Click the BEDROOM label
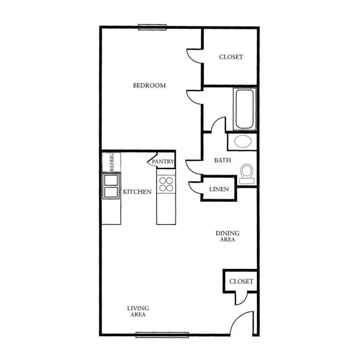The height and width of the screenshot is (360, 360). (149, 85)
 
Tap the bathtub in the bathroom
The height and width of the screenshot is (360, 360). (245, 109)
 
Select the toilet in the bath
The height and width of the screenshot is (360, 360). (247, 174)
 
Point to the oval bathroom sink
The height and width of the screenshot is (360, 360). (243, 141)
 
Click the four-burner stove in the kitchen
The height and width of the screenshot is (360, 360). (166, 184)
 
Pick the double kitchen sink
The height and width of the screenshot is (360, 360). (111, 186)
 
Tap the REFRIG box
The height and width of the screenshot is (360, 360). (112, 162)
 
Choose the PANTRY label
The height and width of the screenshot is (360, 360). (163, 161)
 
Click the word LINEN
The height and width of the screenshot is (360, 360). (219, 189)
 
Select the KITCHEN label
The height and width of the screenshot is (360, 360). (137, 192)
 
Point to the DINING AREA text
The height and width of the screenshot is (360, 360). (227, 236)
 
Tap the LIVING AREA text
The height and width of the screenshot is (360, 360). (138, 311)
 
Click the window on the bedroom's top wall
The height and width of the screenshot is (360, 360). (152, 27)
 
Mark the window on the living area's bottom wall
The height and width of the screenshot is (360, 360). (162, 335)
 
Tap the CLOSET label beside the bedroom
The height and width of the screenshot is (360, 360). (231, 57)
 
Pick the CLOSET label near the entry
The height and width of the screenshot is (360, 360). (241, 281)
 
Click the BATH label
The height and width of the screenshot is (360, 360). (223, 160)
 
